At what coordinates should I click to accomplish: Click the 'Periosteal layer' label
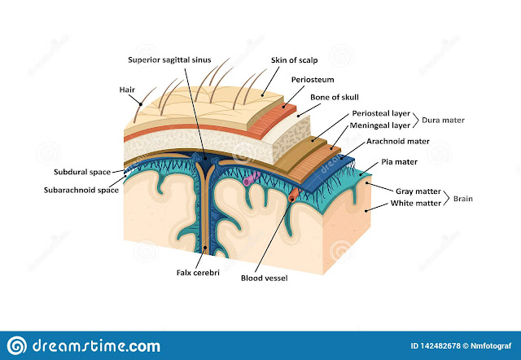pos(381,114)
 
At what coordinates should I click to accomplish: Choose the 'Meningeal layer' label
pos(380,126)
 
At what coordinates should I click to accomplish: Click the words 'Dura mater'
pos(443,120)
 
